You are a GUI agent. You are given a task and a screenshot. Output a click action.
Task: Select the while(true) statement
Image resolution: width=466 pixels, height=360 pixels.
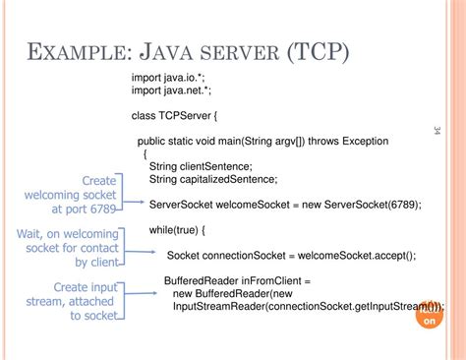coord(175,230)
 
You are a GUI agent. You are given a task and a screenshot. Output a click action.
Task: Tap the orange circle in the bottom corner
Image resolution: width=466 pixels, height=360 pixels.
coord(430,316)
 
